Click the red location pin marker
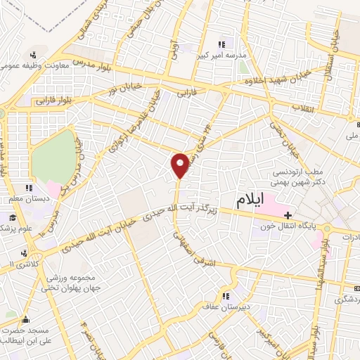(181, 165)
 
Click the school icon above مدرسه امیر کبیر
(223, 44)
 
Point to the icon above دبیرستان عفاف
(226, 295)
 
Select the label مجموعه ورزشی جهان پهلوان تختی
(71, 282)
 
